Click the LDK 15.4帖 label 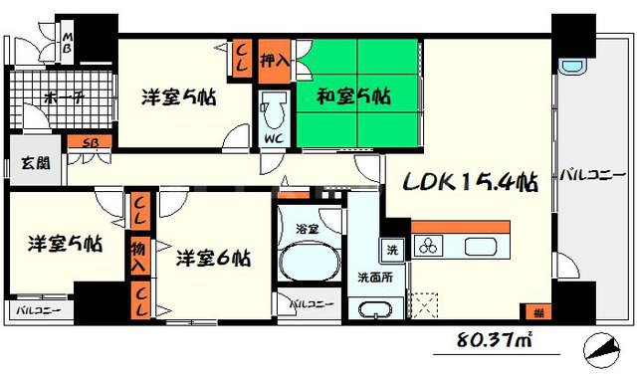tap(470, 183)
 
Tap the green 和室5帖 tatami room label tap(353, 97)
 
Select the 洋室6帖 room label tap(213, 260)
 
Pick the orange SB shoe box tap(89, 143)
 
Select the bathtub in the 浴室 tap(309, 263)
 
